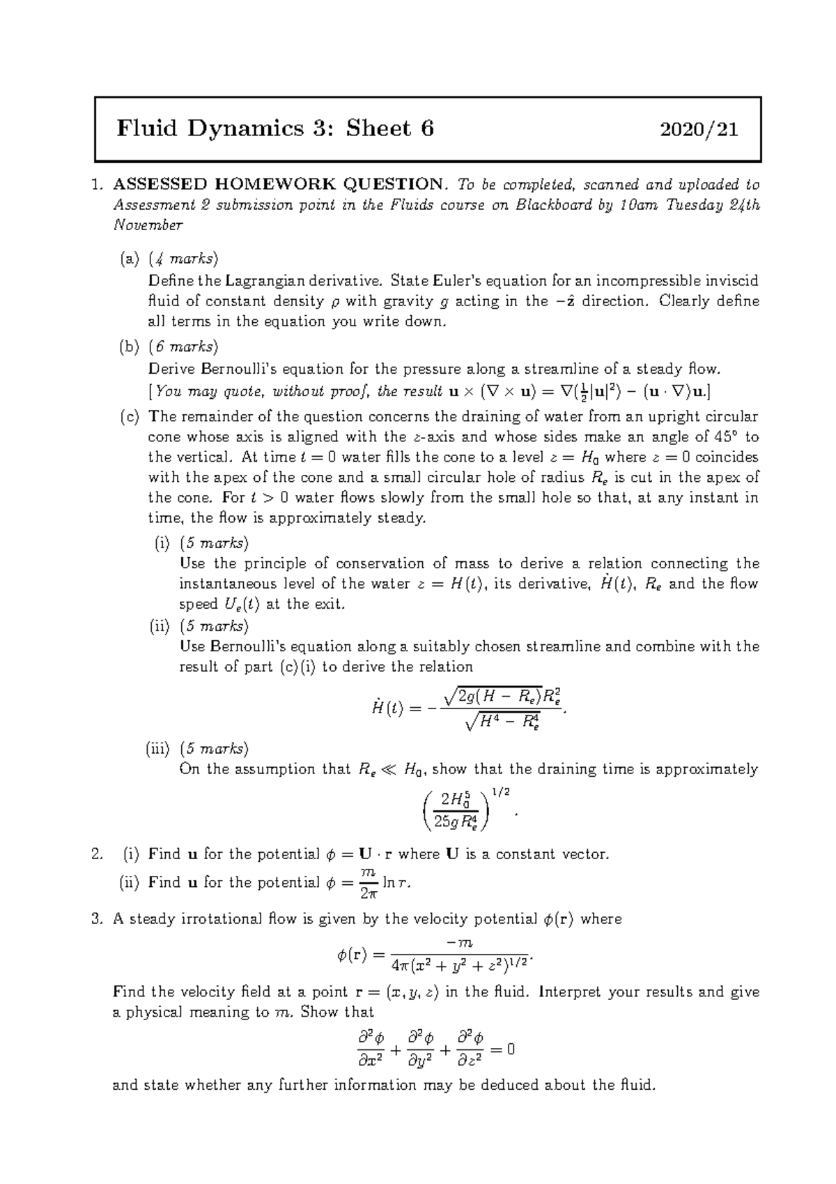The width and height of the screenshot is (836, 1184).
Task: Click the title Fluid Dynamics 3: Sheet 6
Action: pos(275,129)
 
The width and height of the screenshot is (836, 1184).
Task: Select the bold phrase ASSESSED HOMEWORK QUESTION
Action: pos(277,184)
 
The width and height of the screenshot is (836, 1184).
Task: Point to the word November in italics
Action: pos(148,225)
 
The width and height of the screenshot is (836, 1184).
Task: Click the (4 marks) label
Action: pos(183,259)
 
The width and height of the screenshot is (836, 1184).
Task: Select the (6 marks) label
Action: pos(183,347)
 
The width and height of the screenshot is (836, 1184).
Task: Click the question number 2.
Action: pos(97,854)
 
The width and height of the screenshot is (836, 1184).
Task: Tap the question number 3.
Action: pos(97,919)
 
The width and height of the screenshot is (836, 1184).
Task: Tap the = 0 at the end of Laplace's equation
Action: pos(502,1049)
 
